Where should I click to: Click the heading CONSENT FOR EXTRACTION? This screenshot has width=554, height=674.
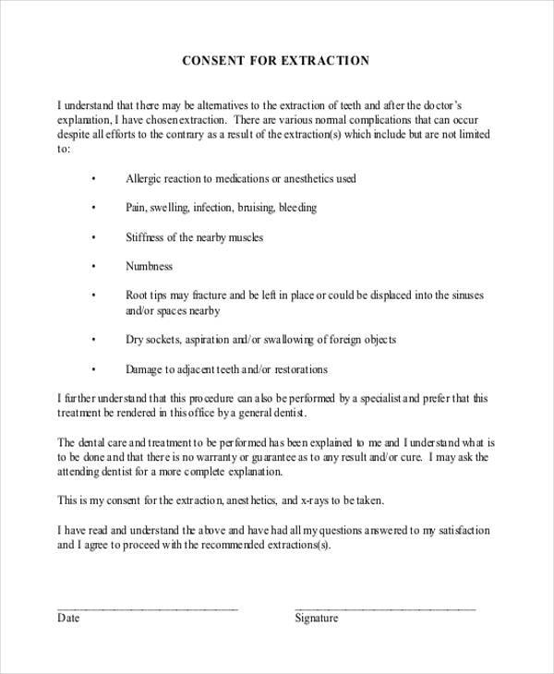click(277, 62)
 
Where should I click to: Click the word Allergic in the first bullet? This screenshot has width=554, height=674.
click(144, 178)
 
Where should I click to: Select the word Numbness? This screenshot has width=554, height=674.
click(149, 266)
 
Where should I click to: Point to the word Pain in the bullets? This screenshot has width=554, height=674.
click(136, 208)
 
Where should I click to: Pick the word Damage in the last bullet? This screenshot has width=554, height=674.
click(146, 369)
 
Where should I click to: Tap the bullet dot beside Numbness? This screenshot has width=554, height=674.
click(93, 267)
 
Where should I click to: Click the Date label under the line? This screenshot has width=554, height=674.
click(69, 618)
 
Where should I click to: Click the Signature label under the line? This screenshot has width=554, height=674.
click(317, 618)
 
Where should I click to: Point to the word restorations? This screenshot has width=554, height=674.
click(297, 369)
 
